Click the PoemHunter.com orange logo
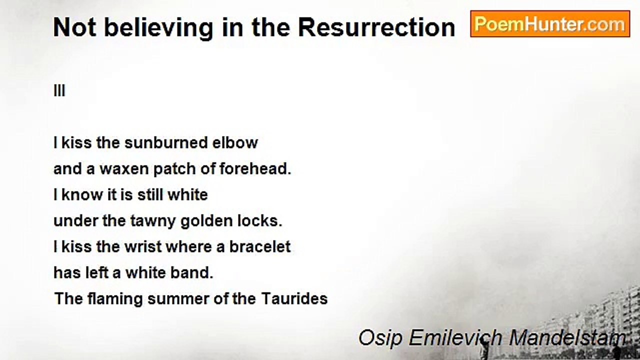550,24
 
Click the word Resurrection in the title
376,27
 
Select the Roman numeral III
59,91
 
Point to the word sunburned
166,142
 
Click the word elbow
235,142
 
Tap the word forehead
255,168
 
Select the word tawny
153,221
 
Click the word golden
207,221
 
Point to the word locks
260,220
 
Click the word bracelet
260,246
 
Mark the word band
191,272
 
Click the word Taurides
294,298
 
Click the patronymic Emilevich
455,337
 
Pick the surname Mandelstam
567,337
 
